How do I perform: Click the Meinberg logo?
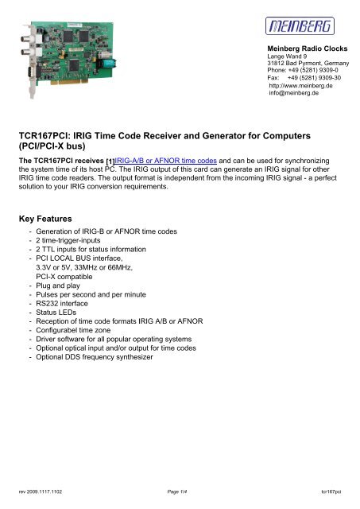pos(305,29)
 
